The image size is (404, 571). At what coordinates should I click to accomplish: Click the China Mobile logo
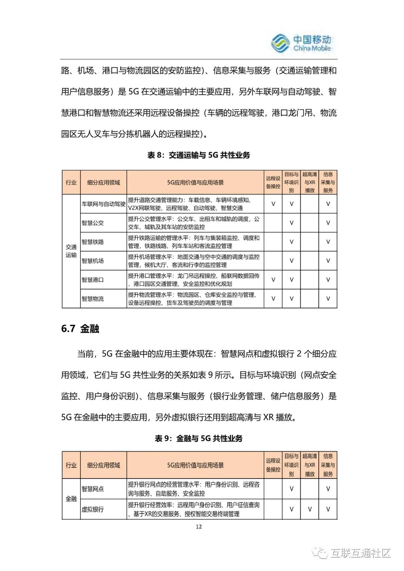301,43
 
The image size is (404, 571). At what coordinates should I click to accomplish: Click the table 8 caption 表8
199,155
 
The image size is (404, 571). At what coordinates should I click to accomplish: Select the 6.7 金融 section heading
80,329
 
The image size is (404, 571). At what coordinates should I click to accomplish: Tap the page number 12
199,526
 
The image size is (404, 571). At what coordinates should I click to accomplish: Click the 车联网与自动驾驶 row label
104,204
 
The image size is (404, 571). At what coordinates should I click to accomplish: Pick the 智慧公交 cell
93,223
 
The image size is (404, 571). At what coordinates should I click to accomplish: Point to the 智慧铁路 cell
93,242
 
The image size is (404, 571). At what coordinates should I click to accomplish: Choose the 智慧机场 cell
93,261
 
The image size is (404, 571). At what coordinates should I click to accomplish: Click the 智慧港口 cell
93,280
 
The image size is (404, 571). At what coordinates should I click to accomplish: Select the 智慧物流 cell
93,299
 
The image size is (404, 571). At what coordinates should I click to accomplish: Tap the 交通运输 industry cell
71,251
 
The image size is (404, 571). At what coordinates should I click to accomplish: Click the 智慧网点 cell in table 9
93,489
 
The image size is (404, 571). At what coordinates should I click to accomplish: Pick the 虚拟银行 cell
93,509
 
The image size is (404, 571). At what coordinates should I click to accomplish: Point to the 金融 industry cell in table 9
71,499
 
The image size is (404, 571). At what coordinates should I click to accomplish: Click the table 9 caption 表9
199,438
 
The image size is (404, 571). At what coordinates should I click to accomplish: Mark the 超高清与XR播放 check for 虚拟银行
310,509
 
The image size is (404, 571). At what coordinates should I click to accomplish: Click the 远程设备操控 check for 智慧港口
273,280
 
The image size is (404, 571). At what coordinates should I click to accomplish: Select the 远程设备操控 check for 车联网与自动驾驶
273,204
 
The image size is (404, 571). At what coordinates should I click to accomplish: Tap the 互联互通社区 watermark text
360,553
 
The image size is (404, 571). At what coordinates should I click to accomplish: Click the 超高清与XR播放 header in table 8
310,182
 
